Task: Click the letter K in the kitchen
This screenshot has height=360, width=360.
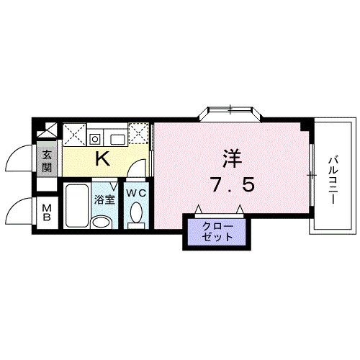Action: point(103,159)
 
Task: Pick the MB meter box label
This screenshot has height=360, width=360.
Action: point(46,213)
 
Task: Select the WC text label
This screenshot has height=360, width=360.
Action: point(136,193)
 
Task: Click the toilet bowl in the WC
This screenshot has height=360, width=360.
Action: point(135,215)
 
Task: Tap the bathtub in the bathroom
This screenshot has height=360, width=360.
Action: point(76,207)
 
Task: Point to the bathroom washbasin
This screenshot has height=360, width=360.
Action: point(104,220)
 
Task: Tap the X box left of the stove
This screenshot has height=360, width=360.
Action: point(73,133)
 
